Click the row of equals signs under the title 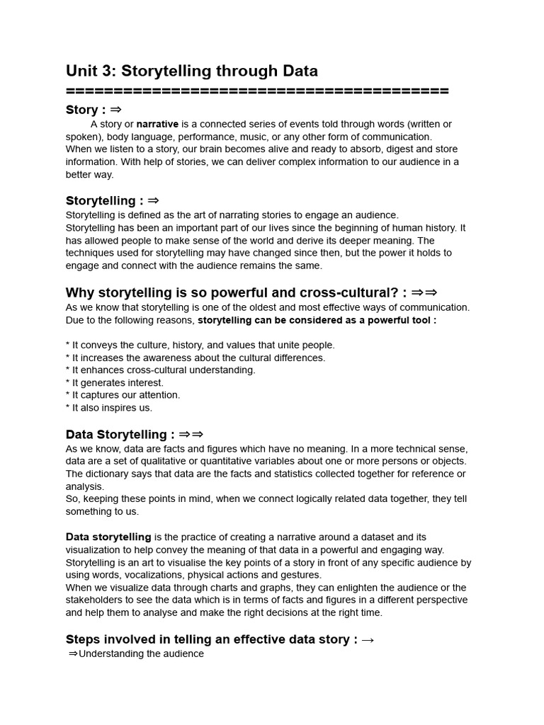[257, 91]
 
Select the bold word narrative [157, 124]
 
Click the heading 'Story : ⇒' [93, 110]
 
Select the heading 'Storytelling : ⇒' [112, 201]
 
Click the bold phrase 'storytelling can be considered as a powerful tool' [317, 320]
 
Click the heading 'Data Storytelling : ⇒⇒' [135, 435]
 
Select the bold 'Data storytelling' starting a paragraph [108, 537]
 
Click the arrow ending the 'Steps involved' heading [367, 640]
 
